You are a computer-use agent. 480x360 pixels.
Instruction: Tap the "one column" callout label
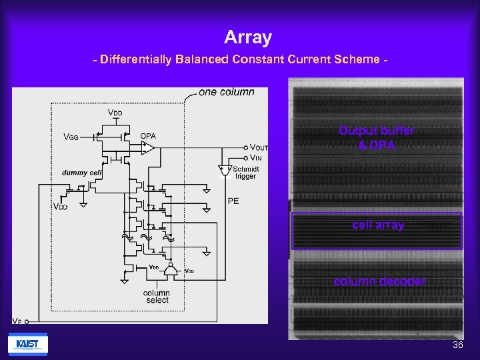[x=227, y=92]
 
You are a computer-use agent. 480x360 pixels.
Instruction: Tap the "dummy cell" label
[x=81, y=173]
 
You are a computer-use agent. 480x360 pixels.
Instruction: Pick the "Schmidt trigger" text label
[x=246, y=173]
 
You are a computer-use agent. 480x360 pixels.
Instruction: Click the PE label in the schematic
[x=233, y=201]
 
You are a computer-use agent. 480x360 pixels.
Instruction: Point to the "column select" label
[x=157, y=297]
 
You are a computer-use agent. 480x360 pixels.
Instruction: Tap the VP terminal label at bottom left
[x=17, y=321]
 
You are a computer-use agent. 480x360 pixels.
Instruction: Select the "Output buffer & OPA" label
[x=377, y=138]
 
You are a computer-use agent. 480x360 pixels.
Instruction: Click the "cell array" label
[x=378, y=225]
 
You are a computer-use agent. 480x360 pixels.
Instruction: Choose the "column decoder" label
[x=379, y=281]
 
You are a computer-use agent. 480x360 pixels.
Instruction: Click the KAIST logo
[x=27, y=344]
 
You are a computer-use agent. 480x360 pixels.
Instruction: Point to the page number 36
[x=457, y=345]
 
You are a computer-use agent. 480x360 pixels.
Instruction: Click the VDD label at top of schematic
[x=115, y=113]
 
